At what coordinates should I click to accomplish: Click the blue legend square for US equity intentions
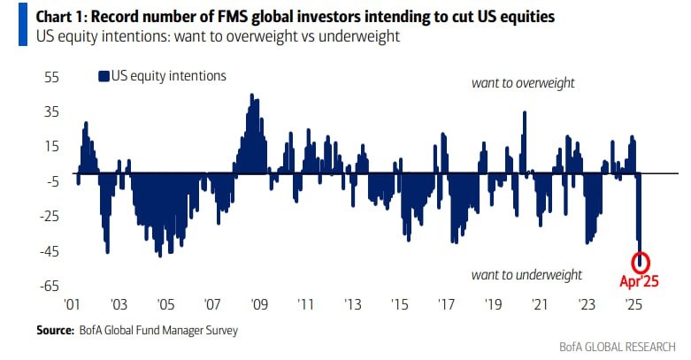click(x=104, y=76)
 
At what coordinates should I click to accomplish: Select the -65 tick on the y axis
click(x=47, y=286)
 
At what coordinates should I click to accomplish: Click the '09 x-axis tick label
click(x=258, y=304)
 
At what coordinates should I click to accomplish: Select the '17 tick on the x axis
click(x=447, y=304)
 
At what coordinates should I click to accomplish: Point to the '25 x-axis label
click(x=633, y=304)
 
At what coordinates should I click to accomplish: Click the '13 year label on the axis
click(x=353, y=304)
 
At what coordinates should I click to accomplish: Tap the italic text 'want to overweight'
click(x=523, y=83)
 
